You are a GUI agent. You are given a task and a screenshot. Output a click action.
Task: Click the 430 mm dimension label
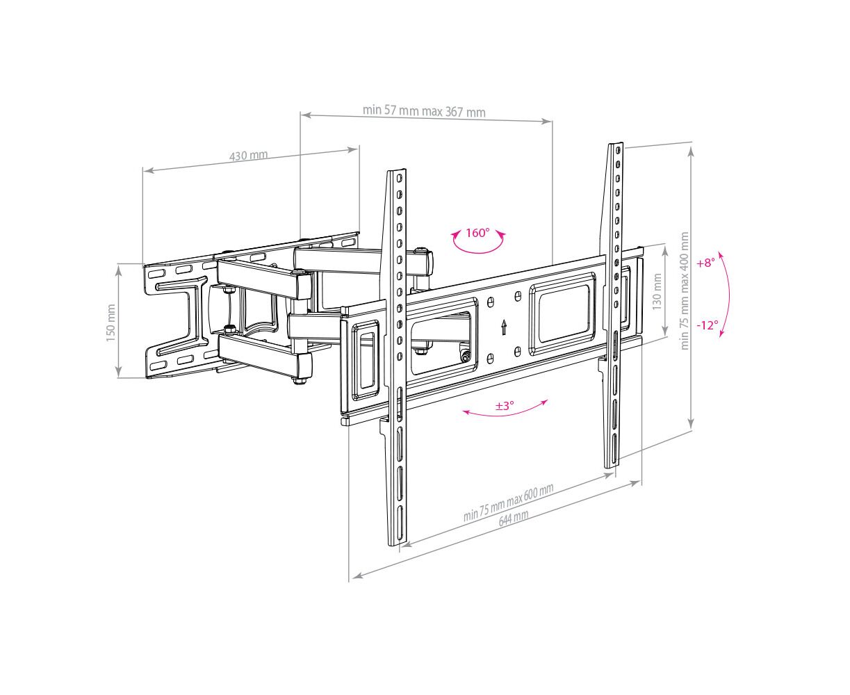[248, 156]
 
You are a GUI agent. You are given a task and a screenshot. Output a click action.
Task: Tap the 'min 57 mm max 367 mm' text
[424, 111]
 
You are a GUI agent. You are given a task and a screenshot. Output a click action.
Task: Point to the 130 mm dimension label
[657, 292]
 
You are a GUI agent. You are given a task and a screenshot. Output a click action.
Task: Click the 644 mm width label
[514, 516]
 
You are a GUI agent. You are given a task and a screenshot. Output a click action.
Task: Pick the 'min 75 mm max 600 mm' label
[508, 502]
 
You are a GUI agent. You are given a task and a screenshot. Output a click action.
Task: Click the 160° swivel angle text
[477, 233]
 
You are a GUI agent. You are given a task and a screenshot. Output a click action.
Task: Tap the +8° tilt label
[705, 263]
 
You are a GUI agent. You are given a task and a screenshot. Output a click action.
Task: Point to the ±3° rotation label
[504, 406]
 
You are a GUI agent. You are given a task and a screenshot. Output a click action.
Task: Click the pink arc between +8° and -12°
[726, 294]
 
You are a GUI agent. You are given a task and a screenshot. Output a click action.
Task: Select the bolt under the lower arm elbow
[298, 379]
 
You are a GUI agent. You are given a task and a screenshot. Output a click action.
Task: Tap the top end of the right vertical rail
[615, 146]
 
